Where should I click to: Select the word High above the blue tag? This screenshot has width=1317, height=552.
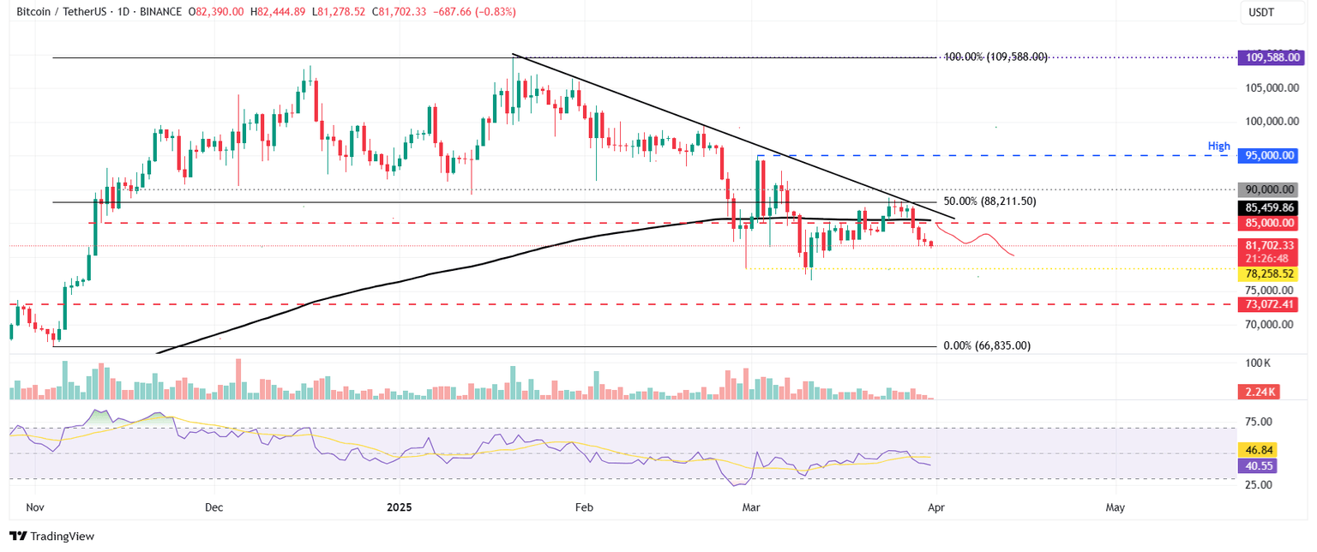(x=1219, y=147)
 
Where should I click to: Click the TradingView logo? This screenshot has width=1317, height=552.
(x=51, y=536)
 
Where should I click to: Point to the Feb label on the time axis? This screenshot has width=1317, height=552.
(x=584, y=507)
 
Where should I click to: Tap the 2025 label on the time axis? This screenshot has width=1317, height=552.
(x=400, y=507)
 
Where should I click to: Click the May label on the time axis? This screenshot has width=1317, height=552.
(x=1116, y=507)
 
